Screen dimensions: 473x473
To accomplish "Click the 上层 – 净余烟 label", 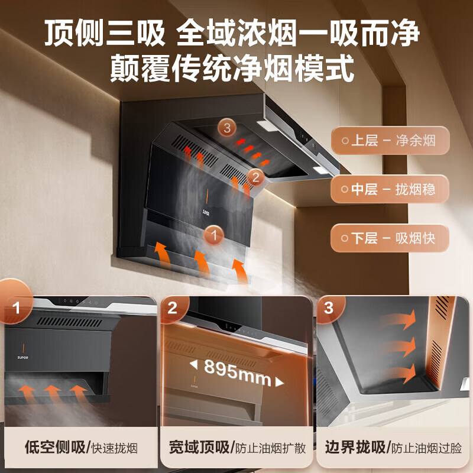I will pyautogui.click(x=391, y=141).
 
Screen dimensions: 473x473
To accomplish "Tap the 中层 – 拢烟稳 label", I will pyautogui.click(x=391, y=190).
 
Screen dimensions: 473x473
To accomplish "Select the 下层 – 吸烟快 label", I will pyautogui.click(x=391, y=238).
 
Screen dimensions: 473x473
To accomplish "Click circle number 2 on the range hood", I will pyautogui.click(x=255, y=176).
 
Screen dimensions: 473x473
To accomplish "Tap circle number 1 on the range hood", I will pyautogui.click(x=214, y=236).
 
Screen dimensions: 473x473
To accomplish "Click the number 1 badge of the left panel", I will pyautogui.click(x=16, y=308).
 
